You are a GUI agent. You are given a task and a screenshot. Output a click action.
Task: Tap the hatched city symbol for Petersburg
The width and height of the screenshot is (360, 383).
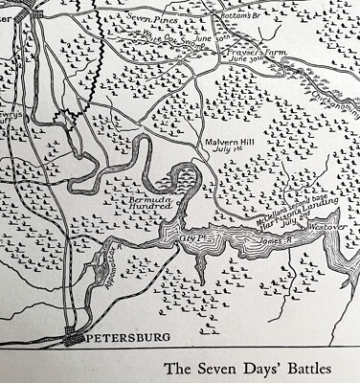[73, 338]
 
